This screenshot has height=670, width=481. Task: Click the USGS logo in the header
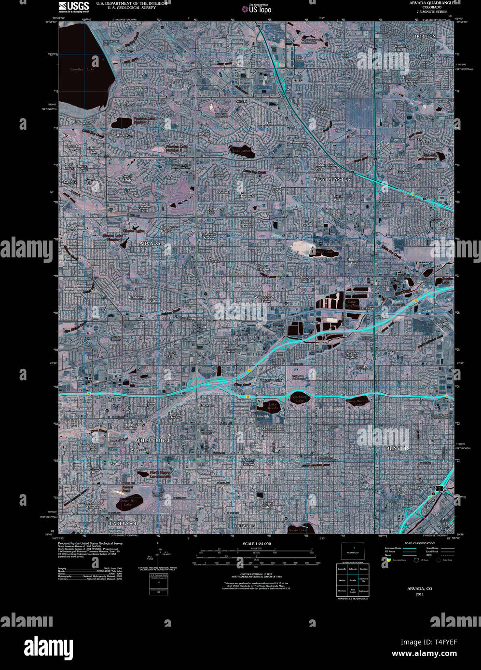click(x=73, y=7)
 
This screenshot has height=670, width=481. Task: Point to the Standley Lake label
click(x=82, y=69)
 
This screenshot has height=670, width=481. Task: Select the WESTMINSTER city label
click(x=332, y=179)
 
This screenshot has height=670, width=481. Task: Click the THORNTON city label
click(x=424, y=36)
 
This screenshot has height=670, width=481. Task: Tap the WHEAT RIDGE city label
click(x=153, y=441)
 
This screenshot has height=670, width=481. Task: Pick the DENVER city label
click(x=397, y=448)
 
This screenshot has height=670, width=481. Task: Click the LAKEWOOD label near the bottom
click(x=124, y=523)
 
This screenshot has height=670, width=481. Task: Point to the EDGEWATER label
click(x=244, y=525)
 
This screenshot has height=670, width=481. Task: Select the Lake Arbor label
click(x=242, y=151)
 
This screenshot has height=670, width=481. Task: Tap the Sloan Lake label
click(x=298, y=530)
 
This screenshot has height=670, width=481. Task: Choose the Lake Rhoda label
click(x=273, y=406)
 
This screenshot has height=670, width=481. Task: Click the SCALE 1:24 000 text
click(x=256, y=544)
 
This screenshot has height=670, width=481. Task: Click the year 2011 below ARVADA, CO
click(x=419, y=594)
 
